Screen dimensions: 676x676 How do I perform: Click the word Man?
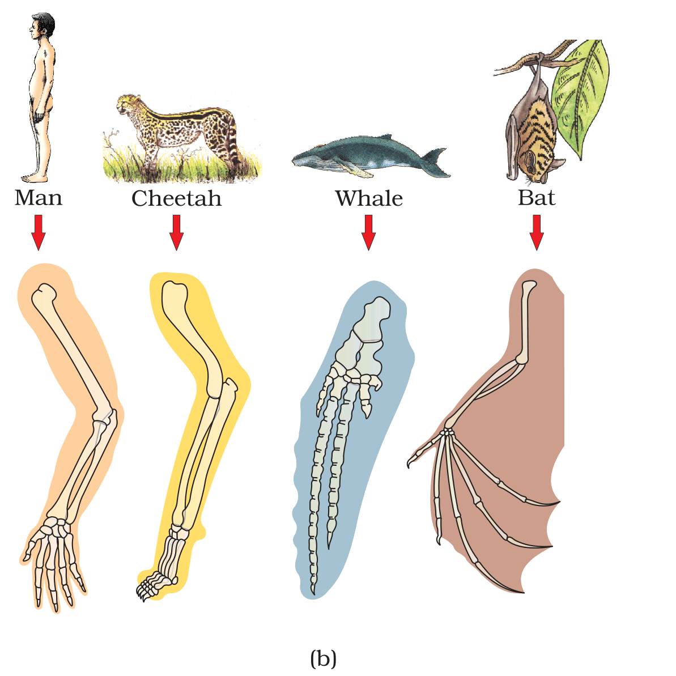point(39,198)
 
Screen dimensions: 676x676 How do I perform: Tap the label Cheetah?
point(176,198)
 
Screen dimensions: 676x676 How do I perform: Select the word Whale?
point(369,198)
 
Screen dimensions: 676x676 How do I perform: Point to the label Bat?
point(536,198)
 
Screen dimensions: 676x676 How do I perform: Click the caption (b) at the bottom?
point(324,658)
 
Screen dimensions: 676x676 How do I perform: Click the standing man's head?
point(42,26)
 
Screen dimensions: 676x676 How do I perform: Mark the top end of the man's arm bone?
point(44,293)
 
